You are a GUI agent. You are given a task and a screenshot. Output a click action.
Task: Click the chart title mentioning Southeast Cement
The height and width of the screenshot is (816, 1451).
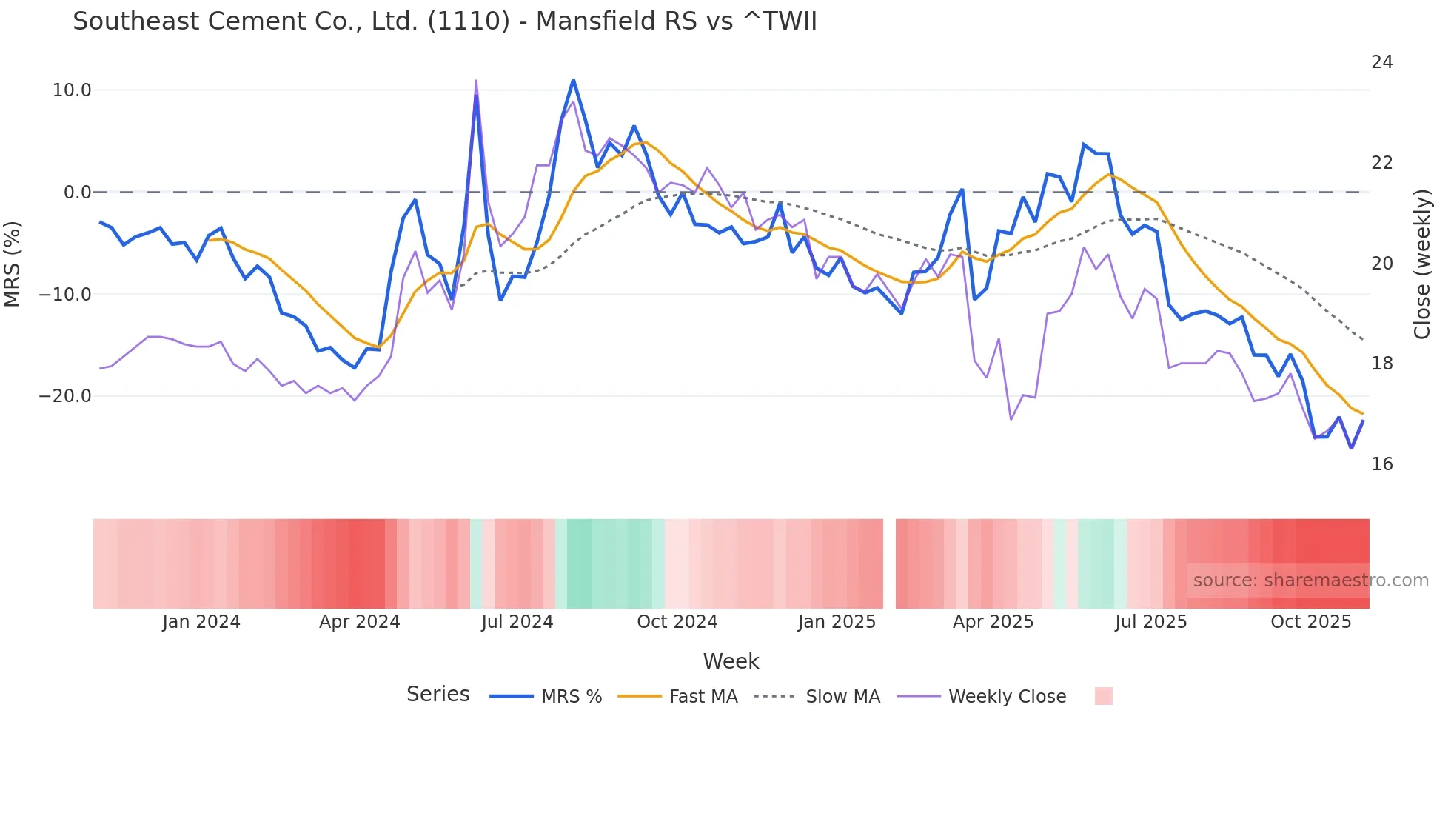[x=444, y=21]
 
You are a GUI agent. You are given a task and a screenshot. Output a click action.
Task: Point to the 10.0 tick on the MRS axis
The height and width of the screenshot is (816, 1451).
[x=72, y=90]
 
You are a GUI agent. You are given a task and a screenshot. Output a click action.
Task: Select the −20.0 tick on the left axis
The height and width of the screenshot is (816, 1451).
[x=65, y=396]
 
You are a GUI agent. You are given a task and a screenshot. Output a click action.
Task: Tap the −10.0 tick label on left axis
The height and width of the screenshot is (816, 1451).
[x=65, y=295]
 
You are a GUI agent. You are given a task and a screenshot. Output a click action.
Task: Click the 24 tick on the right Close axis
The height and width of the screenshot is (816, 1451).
[x=1381, y=62]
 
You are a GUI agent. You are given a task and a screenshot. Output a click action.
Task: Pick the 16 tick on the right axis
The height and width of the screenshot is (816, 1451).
[x=1381, y=464]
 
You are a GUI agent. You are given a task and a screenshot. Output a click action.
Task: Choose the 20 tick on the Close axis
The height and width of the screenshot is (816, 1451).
[x=1381, y=264]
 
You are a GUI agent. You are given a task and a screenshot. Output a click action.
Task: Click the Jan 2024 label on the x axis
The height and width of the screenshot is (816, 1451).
[x=201, y=622]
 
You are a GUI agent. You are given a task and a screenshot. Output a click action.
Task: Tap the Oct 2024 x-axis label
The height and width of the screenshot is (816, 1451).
[x=677, y=622]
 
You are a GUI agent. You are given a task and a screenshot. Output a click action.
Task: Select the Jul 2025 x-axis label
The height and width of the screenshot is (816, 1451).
[x=1150, y=622]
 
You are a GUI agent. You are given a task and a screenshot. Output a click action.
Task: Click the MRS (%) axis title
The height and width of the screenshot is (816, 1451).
[x=12, y=264]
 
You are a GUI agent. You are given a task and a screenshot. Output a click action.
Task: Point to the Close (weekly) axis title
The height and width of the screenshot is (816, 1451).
[x=1421, y=264]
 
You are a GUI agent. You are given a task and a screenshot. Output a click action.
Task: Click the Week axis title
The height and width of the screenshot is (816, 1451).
[x=731, y=661]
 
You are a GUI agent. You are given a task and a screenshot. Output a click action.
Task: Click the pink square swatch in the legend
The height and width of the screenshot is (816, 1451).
[x=1103, y=696]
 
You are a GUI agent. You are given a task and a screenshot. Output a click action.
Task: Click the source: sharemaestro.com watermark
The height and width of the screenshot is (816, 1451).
[x=1310, y=581]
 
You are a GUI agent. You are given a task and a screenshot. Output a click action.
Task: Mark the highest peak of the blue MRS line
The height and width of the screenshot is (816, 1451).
[x=573, y=80]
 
